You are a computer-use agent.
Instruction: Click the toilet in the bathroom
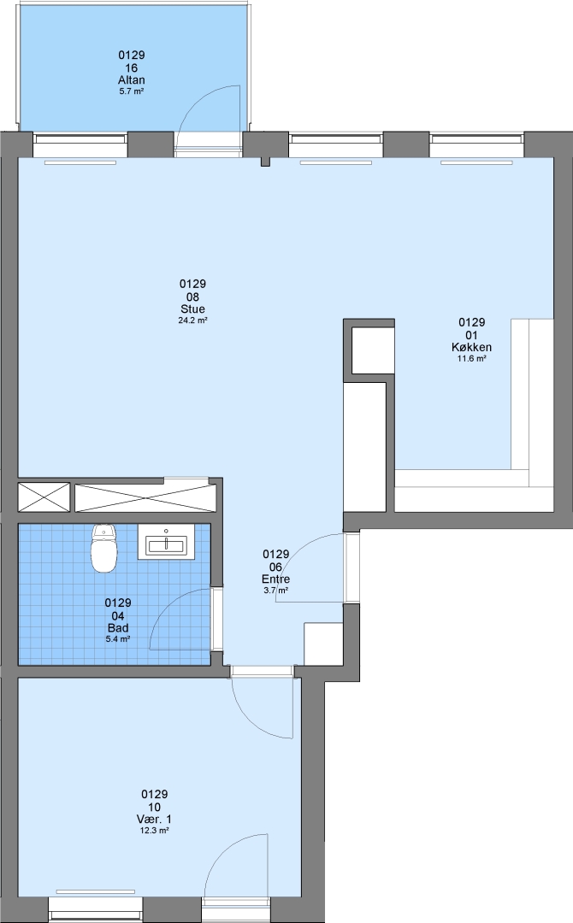(x=104, y=548)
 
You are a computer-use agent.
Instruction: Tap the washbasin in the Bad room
(x=166, y=542)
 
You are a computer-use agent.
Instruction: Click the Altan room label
(x=132, y=80)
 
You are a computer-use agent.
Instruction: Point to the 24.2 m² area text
(x=193, y=320)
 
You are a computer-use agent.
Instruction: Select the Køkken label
(x=472, y=347)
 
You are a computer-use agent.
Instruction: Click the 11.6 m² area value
(x=472, y=358)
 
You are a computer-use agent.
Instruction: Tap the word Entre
(x=276, y=579)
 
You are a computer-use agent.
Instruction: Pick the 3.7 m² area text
(x=276, y=590)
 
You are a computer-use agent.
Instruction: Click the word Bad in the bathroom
(x=118, y=628)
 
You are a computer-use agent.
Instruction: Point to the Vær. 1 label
(x=154, y=820)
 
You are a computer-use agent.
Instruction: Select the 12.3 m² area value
(x=154, y=831)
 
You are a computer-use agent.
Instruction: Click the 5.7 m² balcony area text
(x=132, y=91)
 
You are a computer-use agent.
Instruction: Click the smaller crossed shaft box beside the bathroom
(x=44, y=497)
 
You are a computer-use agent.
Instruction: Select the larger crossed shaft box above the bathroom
(x=145, y=498)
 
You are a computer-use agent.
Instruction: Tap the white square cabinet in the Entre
(x=323, y=644)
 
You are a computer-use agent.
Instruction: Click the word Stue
(x=193, y=309)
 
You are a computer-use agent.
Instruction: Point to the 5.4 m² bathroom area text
(x=118, y=638)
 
